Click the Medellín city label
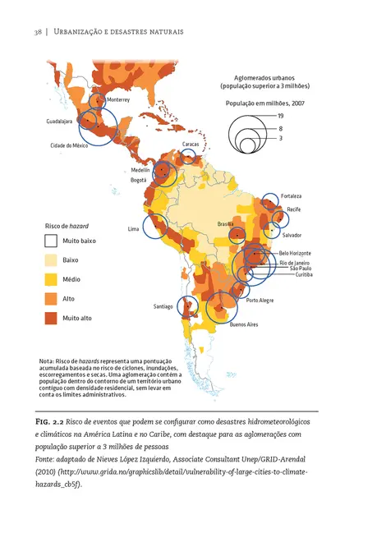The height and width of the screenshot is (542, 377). [140, 169]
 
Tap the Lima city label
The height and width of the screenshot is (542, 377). [133, 228]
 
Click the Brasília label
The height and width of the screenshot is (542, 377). [226, 223]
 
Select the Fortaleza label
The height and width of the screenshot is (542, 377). [291, 196]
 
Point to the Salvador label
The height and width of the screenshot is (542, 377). [293, 235]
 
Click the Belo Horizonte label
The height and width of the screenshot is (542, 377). [295, 252]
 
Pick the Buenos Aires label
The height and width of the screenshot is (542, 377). [244, 324]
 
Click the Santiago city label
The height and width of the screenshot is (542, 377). [163, 306]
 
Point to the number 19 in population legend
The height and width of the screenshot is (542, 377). [281, 116]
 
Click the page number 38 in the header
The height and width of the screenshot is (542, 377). [37, 31]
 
